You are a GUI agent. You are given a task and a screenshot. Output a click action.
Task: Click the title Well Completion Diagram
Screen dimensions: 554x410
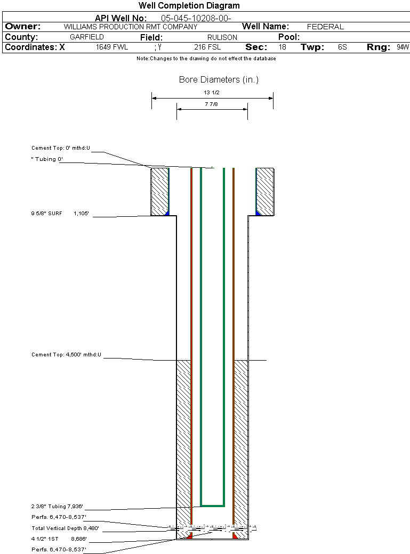[x=189, y=6]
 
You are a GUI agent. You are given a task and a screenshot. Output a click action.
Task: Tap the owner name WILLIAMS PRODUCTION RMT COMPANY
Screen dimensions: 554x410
[x=130, y=27]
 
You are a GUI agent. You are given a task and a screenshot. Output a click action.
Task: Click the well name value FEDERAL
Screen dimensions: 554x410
[x=325, y=27]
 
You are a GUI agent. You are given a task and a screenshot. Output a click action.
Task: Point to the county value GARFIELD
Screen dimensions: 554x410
[x=87, y=37]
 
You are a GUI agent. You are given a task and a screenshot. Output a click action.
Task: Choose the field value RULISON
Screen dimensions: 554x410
[x=222, y=37]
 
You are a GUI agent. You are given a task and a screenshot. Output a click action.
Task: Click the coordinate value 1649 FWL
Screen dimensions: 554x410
[x=112, y=47]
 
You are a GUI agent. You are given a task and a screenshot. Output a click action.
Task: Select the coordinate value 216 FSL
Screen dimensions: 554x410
[x=207, y=47]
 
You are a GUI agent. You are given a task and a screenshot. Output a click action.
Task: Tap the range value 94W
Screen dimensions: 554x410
[x=403, y=47]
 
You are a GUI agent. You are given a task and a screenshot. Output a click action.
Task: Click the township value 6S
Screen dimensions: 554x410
[x=342, y=47]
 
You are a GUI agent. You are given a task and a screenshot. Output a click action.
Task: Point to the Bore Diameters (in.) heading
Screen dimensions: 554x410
[x=219, y=80]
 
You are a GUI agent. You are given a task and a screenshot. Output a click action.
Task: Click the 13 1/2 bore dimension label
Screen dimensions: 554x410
[x=212, y=92]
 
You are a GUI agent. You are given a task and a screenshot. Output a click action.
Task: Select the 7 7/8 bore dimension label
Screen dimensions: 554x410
[x=212, y=104]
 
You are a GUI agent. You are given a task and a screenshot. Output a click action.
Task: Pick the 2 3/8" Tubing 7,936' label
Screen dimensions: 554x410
[x=57, y=507]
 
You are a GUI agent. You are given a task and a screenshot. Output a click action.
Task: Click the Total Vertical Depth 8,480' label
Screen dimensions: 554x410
[x=65, y=528]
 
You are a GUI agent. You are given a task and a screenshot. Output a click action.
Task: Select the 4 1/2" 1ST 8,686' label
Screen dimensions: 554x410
[x=59, y=539]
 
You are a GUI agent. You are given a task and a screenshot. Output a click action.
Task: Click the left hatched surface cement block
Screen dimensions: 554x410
[x=159, y=191]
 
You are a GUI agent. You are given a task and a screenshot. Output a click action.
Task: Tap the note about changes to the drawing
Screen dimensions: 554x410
[x=206, y=59]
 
